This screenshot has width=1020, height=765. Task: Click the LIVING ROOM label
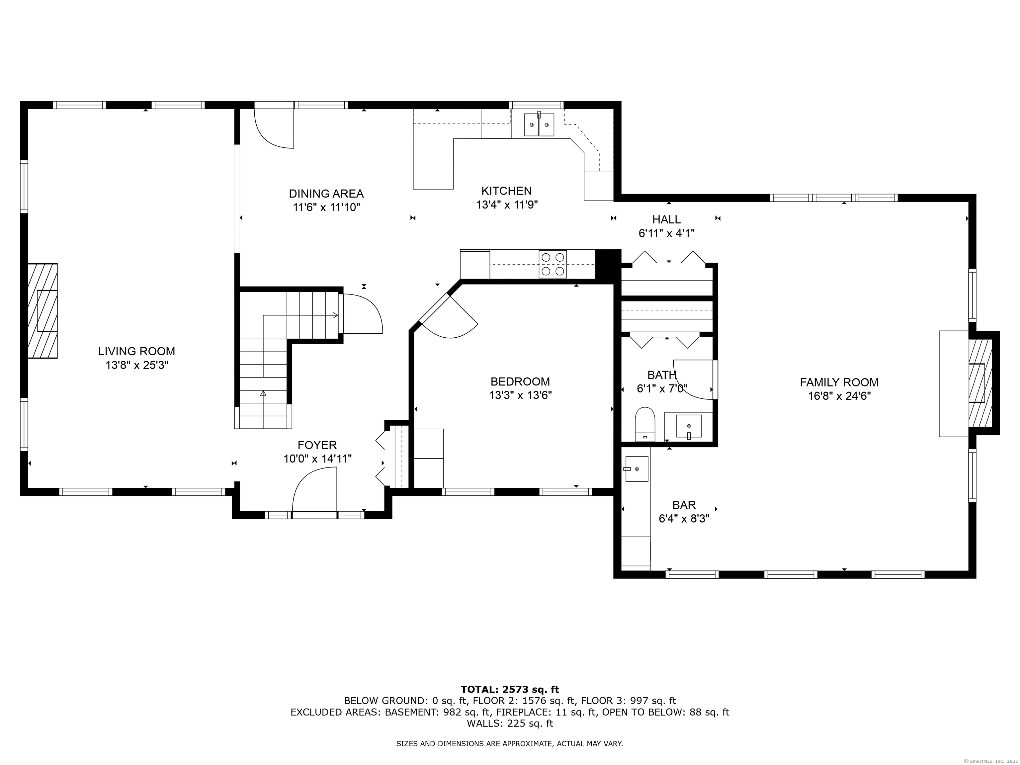[136, 351]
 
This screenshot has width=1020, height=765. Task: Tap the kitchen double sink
[539, 125]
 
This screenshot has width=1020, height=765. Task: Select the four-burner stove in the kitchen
[553, 264]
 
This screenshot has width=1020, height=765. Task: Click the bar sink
[637, 469]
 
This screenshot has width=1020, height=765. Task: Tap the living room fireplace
[42, 311]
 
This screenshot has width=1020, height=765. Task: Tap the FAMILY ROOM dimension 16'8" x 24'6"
[839, 396]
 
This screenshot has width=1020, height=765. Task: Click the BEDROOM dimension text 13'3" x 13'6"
[520, 395]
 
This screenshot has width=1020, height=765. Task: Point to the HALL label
[666, 219]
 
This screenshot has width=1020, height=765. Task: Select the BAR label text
[684, 505]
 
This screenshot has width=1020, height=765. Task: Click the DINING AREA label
[326, 194]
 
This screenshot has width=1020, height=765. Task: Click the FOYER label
[317, 445]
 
